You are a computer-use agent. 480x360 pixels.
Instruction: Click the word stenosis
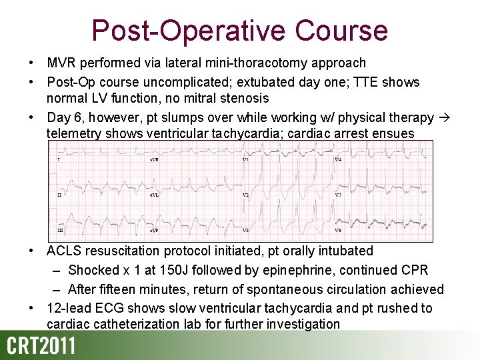[245, 98]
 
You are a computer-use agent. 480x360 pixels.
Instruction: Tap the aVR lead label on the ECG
[153, 160]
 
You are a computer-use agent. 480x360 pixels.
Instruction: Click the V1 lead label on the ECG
[245, 160]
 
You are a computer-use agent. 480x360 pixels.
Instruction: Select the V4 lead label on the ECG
[338, 160]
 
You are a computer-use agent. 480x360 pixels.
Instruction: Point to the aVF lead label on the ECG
[153, 230]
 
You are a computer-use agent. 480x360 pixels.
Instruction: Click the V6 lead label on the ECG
[338, 230]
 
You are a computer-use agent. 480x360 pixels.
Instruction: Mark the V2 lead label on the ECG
[245, 195]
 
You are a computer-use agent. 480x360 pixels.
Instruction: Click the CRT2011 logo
[41, 347]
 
